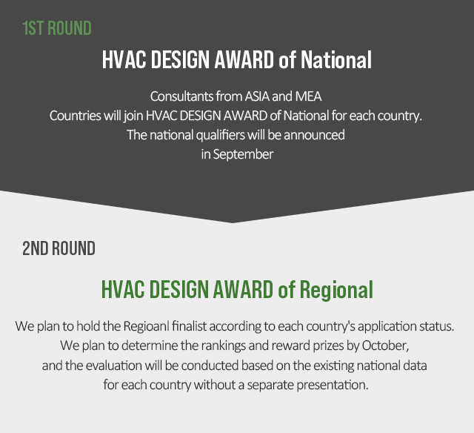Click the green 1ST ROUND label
57,28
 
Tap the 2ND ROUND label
59,248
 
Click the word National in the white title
336,59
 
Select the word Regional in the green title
336,289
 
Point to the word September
243,154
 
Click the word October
385,346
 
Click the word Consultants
181,96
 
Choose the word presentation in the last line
333,385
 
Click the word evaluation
113,366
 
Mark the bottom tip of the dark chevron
232,223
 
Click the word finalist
189,326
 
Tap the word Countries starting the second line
76,116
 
